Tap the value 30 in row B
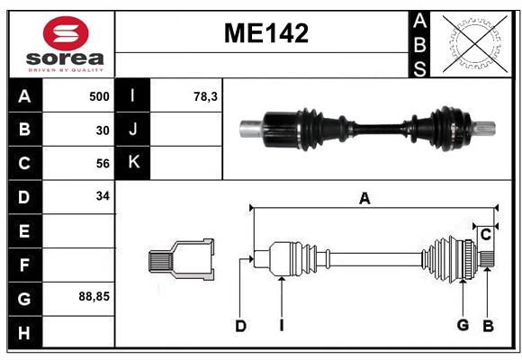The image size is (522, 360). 103,130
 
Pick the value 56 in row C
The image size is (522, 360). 103,163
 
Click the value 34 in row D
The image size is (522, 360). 103,195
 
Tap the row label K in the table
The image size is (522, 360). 133,163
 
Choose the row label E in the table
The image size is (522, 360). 24,230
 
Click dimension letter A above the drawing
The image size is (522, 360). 364,199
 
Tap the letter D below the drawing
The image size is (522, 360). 240,326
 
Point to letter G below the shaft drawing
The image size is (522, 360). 463,325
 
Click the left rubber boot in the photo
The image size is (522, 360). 315,129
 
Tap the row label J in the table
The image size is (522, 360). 133,130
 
